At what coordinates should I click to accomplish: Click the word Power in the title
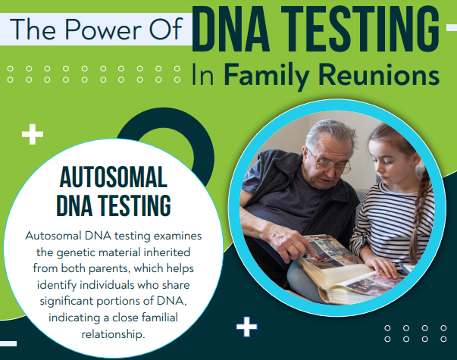[103, 29]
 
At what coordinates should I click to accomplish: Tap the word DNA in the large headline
[231, 29]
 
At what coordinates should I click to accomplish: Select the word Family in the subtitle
[267, 74]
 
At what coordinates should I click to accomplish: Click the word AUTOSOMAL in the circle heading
[114, 177]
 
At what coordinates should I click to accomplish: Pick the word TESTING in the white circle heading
[135, 205]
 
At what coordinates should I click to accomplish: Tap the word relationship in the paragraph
[113, 334]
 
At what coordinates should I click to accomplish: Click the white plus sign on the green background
[33, 134]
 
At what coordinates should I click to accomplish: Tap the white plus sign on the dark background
[247, 327]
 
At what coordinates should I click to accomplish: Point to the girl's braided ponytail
[419, 218]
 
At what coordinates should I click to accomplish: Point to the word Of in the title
[165, 29]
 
